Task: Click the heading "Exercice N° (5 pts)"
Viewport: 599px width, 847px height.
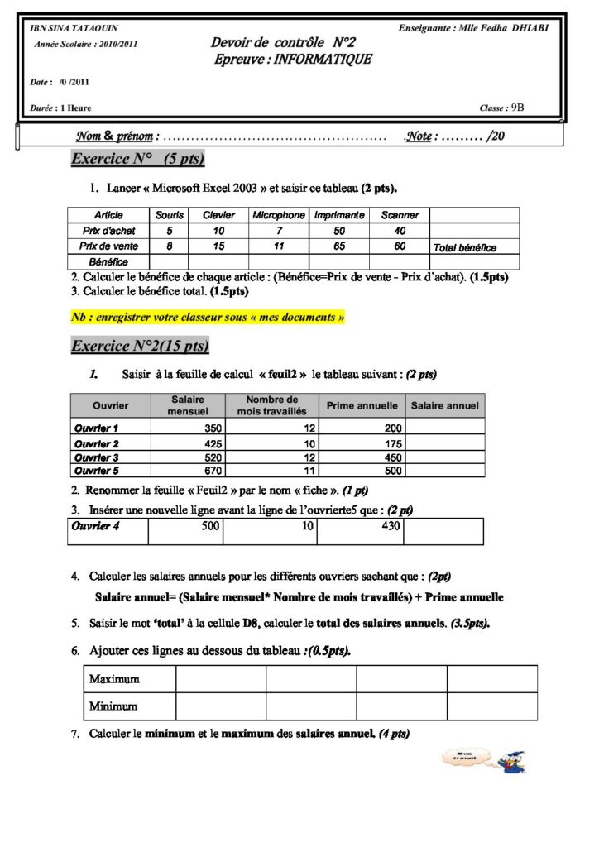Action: tap(138, 159)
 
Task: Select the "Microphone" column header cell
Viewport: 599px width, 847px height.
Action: tap(279, 215)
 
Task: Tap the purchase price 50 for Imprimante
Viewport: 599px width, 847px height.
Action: tap(339, 231)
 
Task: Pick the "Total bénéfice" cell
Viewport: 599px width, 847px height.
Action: tap(464, 247)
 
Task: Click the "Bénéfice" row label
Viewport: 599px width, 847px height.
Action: tap(108, 262)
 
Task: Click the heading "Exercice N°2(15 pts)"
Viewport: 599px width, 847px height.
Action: tap(141, 346)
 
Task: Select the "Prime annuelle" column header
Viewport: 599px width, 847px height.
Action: tap(362, 406)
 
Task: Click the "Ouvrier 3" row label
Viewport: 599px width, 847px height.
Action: tap(97, 457)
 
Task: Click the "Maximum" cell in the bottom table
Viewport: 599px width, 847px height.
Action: tap(114, 679)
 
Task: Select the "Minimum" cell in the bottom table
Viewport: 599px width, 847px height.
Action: tap(113, 706)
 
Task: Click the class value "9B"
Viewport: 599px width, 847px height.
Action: tap(518, 108)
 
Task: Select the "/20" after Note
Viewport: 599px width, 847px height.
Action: tap(496, 136)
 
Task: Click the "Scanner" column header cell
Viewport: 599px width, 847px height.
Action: tap(400, 215)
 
